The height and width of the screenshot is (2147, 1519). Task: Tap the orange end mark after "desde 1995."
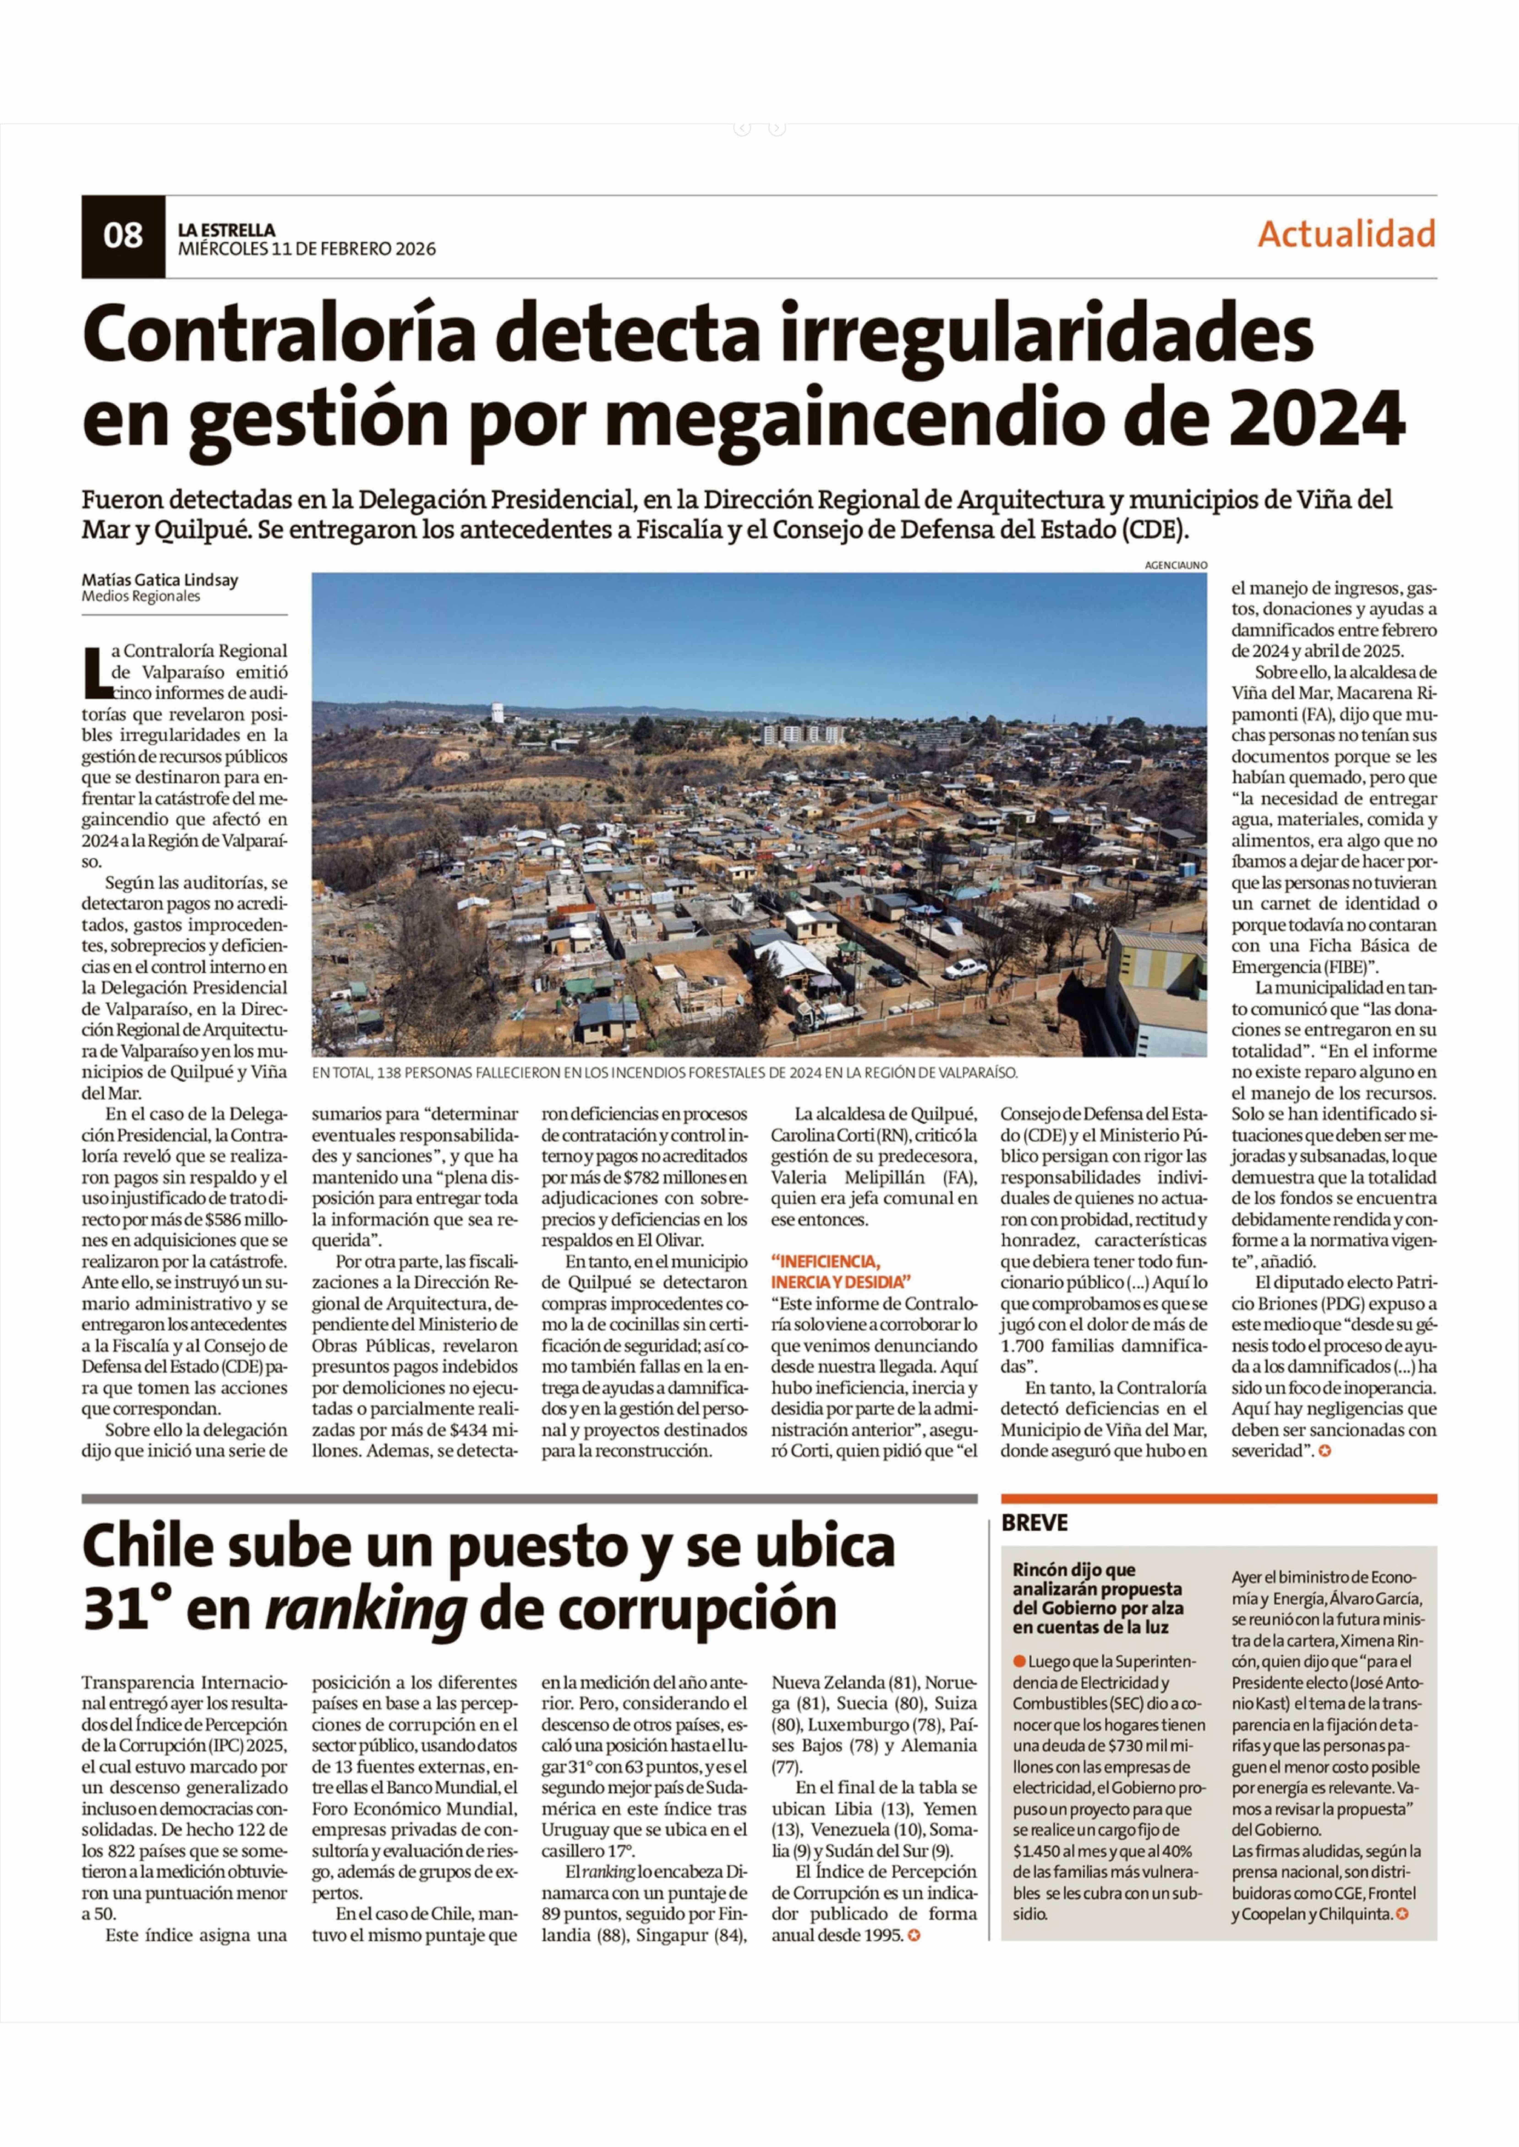(914, 1936)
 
